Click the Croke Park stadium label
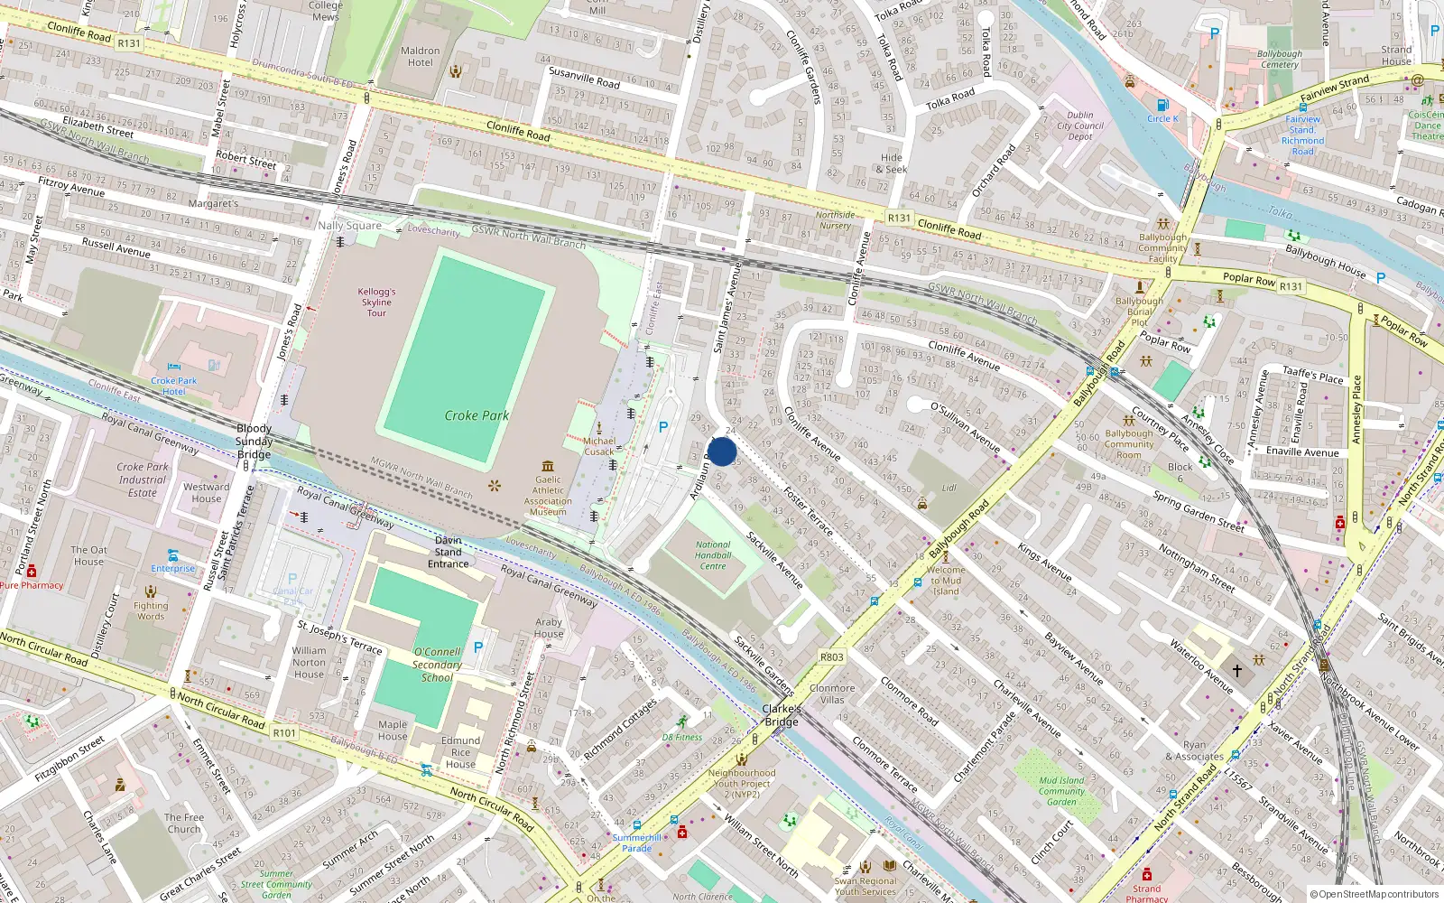pyautogui.click(x=477, y=415)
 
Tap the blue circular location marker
pyautogui.click(x=722, y=451)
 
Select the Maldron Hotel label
pyautogui.click(x=420, y=57)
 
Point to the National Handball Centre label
pyautogui.click(x=713, y=555)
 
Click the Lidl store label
pyautogui.click(x=949, y=488)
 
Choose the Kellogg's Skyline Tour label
pyautogui.click(x=376, y=303)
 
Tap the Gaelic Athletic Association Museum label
pyautogui.click(x=548, y=496)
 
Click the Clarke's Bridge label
pyautogui.click(x=782, y=715)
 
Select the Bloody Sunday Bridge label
pyautogui.click(x=254, y=442)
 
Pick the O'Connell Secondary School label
pyautogui.click(x=437, y=665)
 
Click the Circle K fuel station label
pyautogui.click(x=1162, y=118)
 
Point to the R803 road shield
pyautogui.click(x=832, y=656)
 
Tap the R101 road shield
pyautogui.click(x=284, y=732)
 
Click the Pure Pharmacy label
pyautogui.click(x=32, y=585)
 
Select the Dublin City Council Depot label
pyautogui.click(x=1079, y=126)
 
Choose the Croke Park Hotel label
pyautogui.click(x=173, y=386)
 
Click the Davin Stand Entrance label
pyautogui.click(x=448, y=552)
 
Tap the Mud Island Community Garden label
pyautogui.click(x=1061, y=791)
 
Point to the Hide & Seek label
pyautogui.click(x=891, y=163)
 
